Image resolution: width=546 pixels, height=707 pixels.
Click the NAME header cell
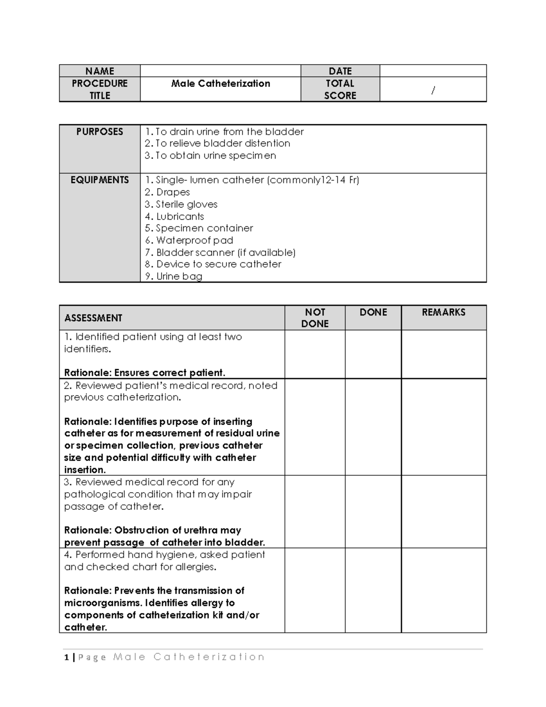[100, 71]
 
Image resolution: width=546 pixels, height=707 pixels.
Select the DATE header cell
[340, 71]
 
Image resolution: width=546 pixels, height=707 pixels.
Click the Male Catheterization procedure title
[221, 84]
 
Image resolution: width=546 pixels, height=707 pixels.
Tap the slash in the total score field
[433, 91]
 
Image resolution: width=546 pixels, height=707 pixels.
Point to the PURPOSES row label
[100, 132]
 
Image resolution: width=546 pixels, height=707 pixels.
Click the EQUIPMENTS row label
[100, 180]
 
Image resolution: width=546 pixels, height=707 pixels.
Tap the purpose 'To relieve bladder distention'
[217, 143]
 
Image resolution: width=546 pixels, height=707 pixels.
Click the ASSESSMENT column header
[93, 318]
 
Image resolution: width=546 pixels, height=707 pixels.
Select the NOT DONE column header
[315, 318]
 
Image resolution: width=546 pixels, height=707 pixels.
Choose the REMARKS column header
[444, 312]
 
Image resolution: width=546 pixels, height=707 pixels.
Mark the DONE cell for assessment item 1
[373, 354]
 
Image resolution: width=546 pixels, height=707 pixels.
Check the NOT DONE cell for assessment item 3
[315, 512]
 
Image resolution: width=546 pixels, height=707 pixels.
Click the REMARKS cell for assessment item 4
[444, 590]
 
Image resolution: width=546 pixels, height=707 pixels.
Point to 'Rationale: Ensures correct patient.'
[145, 373]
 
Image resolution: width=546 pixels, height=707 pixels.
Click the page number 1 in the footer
[66, 657]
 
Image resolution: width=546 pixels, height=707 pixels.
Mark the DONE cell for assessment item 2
[373, 427]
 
